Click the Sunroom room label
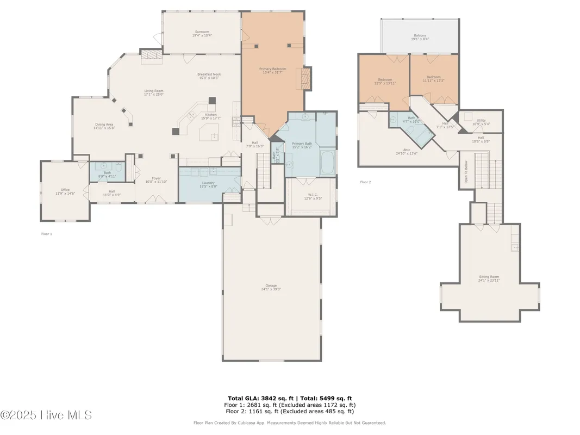tap(202, 33)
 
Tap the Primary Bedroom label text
tap(272, 70)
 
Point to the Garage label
tap(271, 287)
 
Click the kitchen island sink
tap(214, 136)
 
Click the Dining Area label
tap(103, 126)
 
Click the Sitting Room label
tap(489, 278)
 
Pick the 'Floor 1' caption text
tap(47, 234)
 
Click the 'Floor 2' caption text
tap(365, 182)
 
